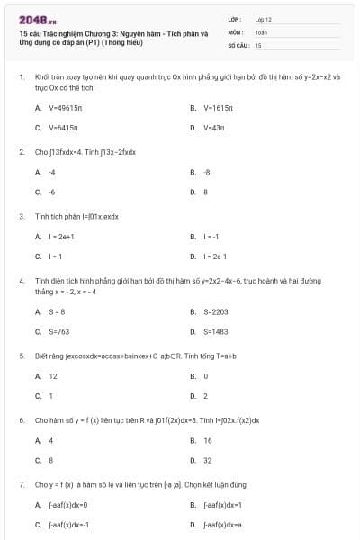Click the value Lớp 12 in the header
point(264,18)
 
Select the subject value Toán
point(261,31)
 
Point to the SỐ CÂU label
point(238,44)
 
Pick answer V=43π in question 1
point(213,127)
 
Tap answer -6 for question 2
point(51,191)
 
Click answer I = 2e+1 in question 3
point(61,237)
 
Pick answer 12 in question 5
point(53,376)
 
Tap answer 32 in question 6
point(208,460)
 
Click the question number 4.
point(22,281)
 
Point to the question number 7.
point(22,484)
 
